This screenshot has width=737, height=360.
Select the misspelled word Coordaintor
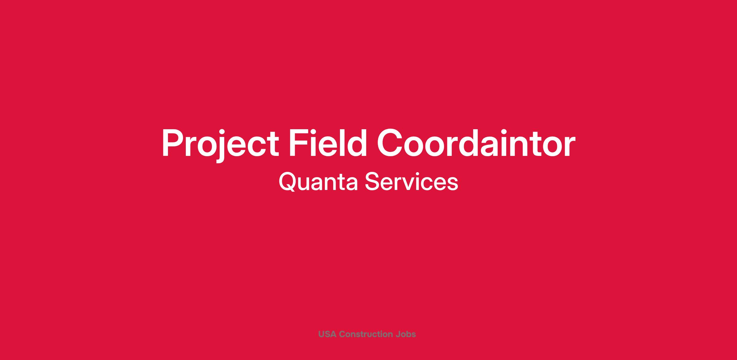(x=476, y=142)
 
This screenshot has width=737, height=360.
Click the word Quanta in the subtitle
(x=318, y=182)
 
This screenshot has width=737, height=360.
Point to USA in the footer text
(x=327, y=334)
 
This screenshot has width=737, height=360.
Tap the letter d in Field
(x=356, y=142)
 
